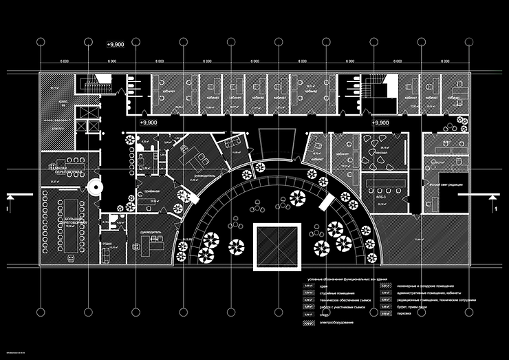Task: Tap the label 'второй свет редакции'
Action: coord(444,184)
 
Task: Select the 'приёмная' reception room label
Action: coord(153,192)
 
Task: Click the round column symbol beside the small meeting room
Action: coord(94,186)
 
